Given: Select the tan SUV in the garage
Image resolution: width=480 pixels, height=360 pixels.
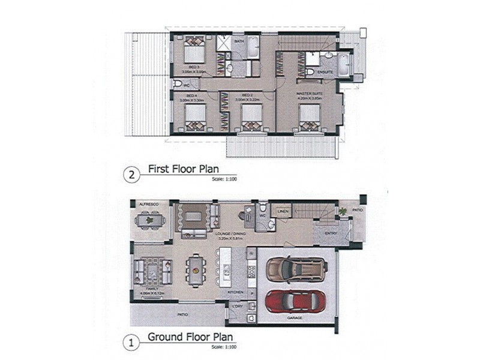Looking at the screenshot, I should (296, 269).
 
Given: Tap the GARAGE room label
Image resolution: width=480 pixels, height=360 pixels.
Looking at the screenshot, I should (294, 318).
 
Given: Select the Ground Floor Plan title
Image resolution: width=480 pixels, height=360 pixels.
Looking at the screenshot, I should (190, 337).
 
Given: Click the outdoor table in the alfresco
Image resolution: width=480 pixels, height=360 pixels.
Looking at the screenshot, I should (149, 221).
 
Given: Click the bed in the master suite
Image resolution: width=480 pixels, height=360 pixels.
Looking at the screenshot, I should (310, 116).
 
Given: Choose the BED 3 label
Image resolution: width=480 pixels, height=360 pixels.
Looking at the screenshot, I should (193, 66).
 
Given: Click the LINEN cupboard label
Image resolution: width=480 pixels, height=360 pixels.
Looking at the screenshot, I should (284, 211).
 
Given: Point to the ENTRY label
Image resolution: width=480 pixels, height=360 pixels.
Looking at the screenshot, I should (331, 233).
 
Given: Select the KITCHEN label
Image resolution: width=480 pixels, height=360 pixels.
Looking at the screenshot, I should (235, 292).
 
